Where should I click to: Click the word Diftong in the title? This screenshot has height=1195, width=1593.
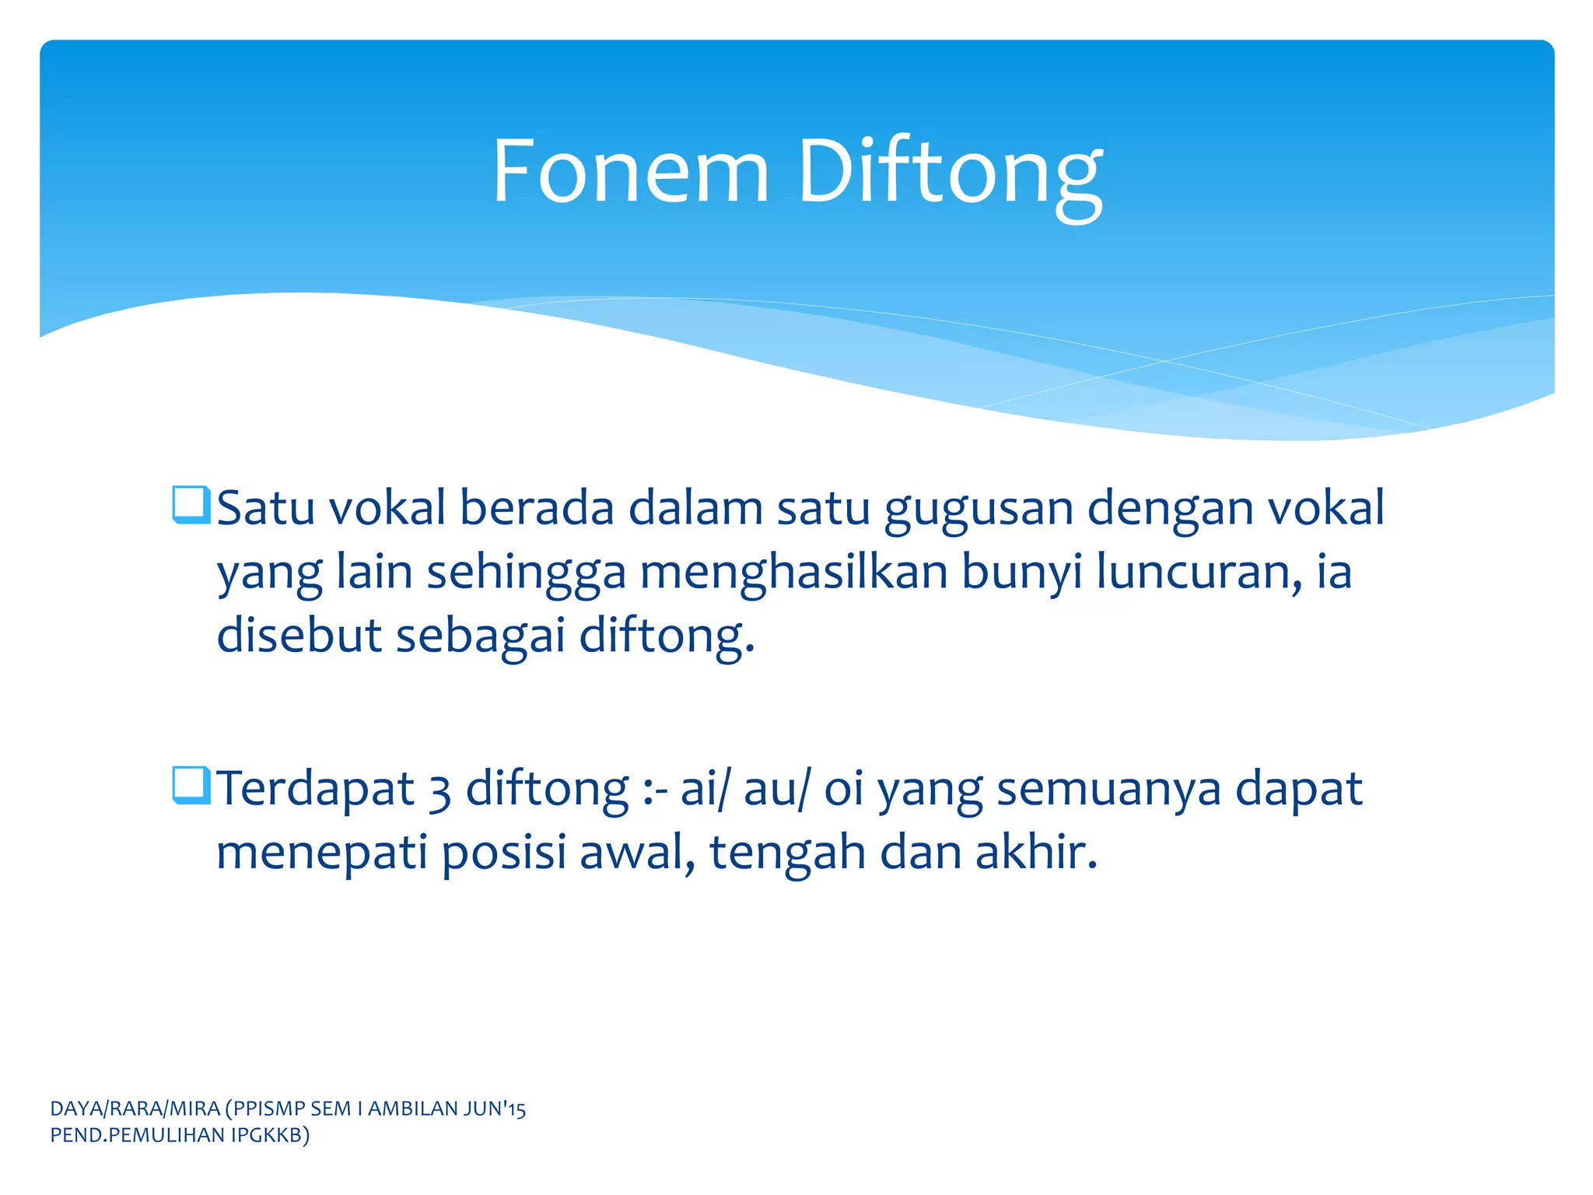pos(950,173)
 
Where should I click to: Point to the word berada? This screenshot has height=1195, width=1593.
pos(536,508)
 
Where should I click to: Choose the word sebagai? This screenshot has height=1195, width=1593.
pos(480,636)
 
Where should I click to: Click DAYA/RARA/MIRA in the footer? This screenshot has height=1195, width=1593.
pos(135,1109)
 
